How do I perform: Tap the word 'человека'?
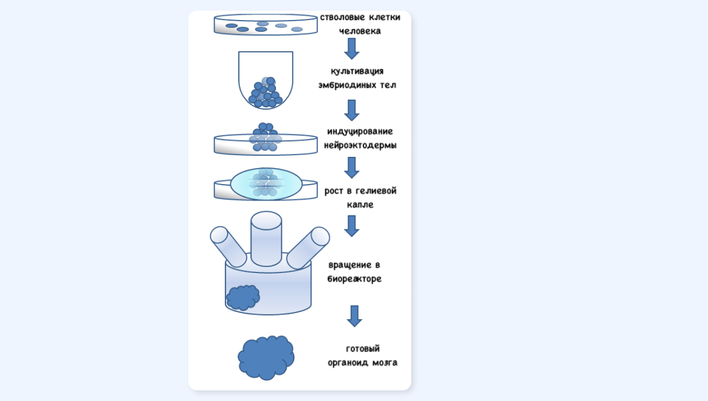pyautogui.click(x=360, y=31)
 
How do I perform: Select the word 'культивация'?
pyautogui.click(x=357, y=71)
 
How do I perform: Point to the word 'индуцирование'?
pyautogui.click(x=360, y=132)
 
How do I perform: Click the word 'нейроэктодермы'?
pyautogui.click(x=360, y=145)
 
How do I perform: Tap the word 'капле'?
pyautogui.click(x=360, y=205)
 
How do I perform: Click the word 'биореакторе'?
pyautogui.click(x=355, y=279)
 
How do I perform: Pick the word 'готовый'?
pyautogui.click(x=363, y=349)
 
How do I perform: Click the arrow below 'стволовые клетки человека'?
pyautogui.click(x=352, y=49)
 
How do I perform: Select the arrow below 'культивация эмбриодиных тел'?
pyautogui.click(x=352, y=110)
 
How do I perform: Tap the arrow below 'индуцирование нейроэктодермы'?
pyautogui.click(x=352, y=168)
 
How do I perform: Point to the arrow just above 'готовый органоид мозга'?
pyautogui.click(x=355, y=316)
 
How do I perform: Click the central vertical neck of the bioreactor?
pyautogui.click(x=266, y=239)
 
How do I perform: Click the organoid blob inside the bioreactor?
pyautogui.click(x=243, y=297)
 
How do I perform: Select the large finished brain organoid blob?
pyautogui.click(x=266, y=357)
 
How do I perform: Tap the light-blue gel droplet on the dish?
pyautogui.click(x=266, y=184)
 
